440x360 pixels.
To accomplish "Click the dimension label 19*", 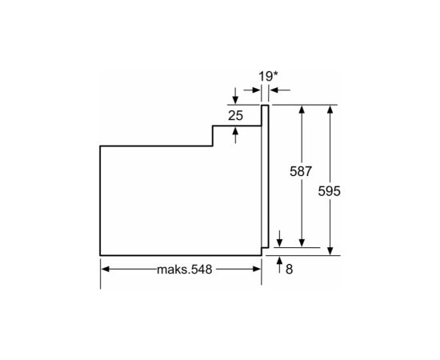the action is tap(268, 76).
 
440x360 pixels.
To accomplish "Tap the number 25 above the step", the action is tap(235, 116).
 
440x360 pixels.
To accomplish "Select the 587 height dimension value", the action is tap(301, 171).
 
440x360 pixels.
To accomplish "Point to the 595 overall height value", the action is tap(329, 191).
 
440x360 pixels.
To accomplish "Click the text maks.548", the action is tap(184, 270).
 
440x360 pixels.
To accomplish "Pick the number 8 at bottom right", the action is tap(290, 270).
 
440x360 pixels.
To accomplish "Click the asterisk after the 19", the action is tap(275, 74).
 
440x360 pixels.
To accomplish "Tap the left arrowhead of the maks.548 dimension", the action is tap(105, 269).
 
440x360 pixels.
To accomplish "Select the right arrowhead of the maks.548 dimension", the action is tap(257, 269).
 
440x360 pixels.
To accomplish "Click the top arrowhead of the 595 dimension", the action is tap(330, 110).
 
